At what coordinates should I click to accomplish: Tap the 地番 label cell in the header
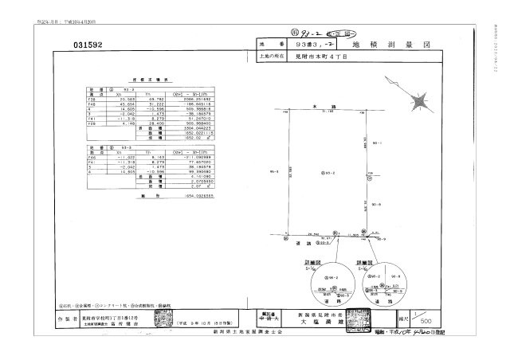[x=271, y=46]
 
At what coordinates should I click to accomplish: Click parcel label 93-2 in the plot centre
[x=326, y=172]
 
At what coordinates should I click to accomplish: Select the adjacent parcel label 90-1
[x=375, y=143]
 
